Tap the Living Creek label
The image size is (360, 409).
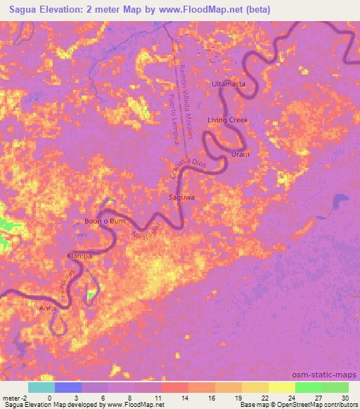228,120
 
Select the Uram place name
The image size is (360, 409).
240,154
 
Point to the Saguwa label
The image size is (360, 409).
181,198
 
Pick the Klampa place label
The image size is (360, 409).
79,256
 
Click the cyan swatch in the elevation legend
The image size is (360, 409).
41,387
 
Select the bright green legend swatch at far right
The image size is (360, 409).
335,387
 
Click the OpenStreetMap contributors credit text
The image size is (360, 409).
316,405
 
